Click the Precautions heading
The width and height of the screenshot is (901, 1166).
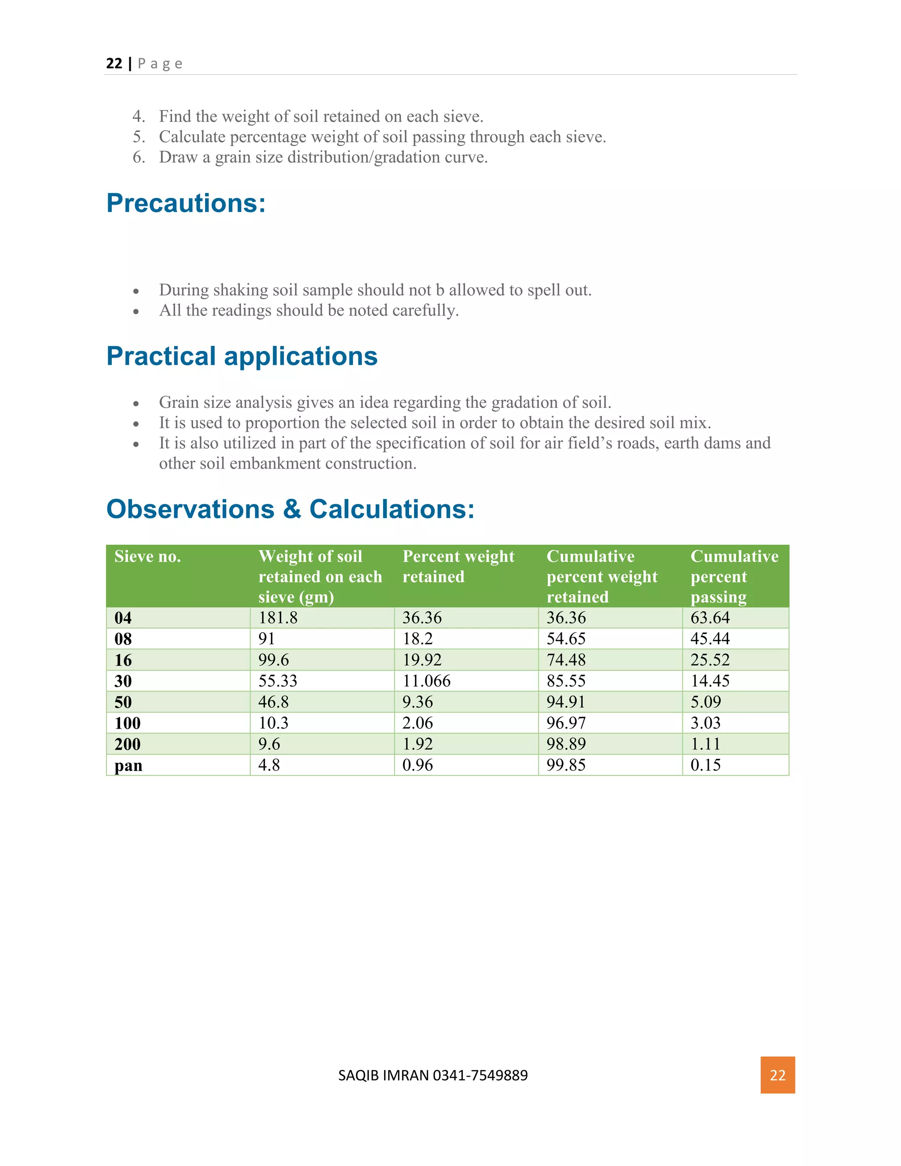(186, 203)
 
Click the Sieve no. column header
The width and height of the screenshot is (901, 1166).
(148, 557)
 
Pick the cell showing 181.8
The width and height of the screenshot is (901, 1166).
(278, 618)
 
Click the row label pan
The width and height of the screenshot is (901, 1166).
(128, 766)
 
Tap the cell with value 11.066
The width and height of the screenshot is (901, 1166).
(426, 681)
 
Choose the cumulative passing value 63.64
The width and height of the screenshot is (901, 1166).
(710, 618)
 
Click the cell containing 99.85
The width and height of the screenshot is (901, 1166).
(566, 765)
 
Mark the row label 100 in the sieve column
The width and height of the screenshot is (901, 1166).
(128, 723)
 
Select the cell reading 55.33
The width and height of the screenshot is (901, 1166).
(278, 681)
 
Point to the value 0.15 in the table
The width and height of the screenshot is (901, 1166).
(706, 765)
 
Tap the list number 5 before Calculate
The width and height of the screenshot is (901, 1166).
(139, 137)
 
